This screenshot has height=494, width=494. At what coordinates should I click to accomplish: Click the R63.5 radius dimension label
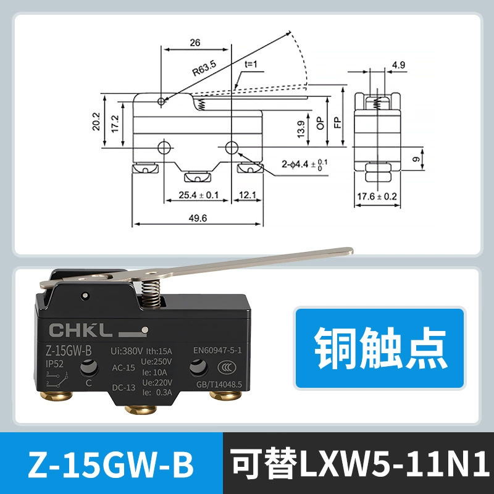204,69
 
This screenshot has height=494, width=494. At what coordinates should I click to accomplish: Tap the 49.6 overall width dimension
198,218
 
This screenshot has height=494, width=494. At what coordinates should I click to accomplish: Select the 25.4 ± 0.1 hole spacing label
198,195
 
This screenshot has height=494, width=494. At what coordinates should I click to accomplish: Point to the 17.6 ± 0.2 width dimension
377,196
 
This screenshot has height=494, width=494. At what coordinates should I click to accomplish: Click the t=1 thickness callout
251,64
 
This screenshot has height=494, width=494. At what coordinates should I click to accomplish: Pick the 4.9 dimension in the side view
398,65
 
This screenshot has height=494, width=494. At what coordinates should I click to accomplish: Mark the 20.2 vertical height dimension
96,121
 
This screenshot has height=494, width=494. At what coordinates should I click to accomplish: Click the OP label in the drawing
320,123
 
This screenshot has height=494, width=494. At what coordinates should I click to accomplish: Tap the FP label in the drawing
337,122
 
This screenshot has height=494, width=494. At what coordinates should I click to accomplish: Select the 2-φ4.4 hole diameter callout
304,164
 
